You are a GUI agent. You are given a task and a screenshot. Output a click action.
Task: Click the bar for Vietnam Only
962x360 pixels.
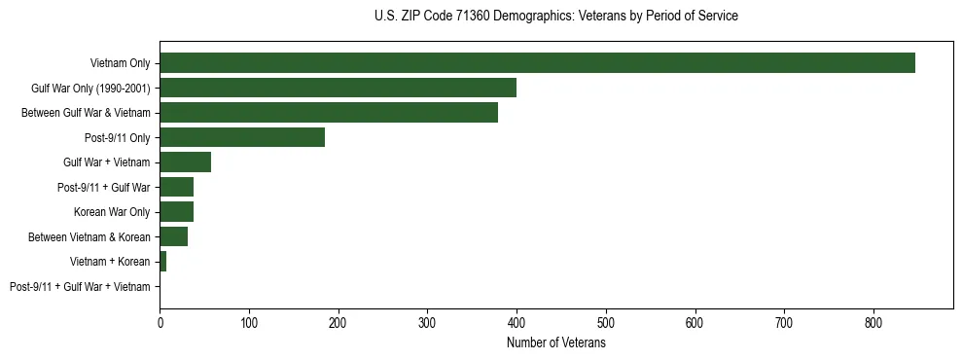pos(537,63)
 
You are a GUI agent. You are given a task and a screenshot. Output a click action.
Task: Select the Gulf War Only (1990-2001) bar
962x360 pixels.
pos(338,88)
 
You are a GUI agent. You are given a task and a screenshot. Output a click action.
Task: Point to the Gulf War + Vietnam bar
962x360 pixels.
pos(185,162)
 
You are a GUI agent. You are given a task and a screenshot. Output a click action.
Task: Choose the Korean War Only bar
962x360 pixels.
pos(176,212)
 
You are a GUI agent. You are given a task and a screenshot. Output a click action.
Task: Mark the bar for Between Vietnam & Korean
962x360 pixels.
pos(173,236)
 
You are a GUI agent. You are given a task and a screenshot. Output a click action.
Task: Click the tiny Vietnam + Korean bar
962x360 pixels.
pos(162,262)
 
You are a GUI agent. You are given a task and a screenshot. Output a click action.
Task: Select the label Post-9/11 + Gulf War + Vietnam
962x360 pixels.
pos(80,287)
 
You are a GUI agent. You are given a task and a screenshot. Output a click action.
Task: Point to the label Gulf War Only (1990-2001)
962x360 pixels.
pos(90,89)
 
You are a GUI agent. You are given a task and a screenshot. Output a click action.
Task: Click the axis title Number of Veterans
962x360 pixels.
pos(555,342)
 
